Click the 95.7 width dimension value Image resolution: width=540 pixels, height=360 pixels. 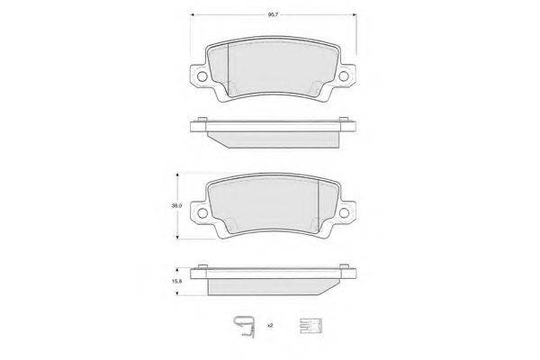[273, 14]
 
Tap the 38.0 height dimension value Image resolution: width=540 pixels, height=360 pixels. [176, 206]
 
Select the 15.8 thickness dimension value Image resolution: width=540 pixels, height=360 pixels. [176, 281]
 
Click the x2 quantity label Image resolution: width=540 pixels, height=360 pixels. [270, 325]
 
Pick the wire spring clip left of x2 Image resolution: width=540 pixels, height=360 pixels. [244, 327]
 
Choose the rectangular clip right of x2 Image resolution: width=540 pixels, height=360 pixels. [310, 326]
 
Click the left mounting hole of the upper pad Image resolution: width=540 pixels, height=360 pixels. [202, 76]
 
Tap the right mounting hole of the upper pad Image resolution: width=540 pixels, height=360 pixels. [344, 76]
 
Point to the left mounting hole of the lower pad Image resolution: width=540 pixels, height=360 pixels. [202, 213]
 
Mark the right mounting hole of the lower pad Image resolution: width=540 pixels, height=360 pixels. [344, 213]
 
